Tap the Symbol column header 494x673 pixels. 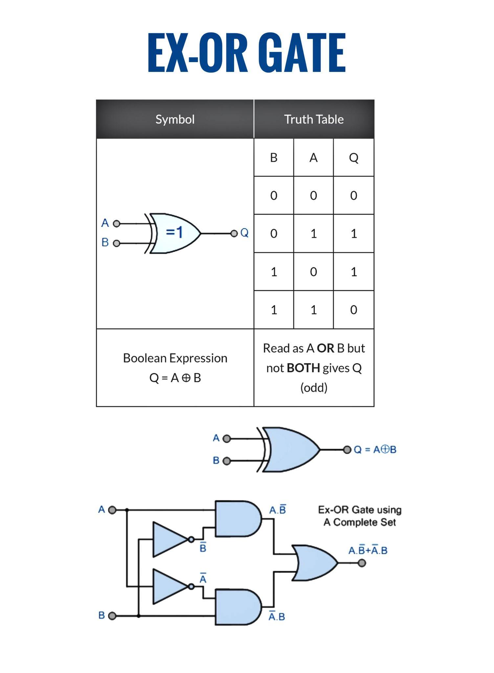pyautogui.click(x=175, y=119)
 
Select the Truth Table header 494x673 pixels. pyautogui.click(x=314, y=119)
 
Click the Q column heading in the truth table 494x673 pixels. pyautogui.click(x=354, y=158)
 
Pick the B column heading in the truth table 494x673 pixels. pyautogui.click(x=274, y=158)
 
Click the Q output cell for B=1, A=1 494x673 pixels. pyautogui.click(x=354, y=310)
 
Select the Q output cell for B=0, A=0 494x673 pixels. pyautogui.click(x=354, y=196)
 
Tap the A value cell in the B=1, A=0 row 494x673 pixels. pyautogui.click(x=314, y=272)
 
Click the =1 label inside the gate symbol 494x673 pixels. pyautogui.click(x=174, y=232)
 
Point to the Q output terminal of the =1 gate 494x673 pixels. pyautogui.click(x=234, y=234)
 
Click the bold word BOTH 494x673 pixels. pyautogui.click(x=303, y=368)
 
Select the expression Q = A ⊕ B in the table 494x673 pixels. pyautogui.click(x=175, y=378)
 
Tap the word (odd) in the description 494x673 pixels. pyautogui.click(x=314, y=388)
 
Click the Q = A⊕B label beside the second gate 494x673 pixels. pyautogui.click(x=375, y=449)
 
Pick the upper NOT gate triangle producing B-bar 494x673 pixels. pyautogui.click(x=171, y=539)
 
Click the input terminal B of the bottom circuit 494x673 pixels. pyautogui.click(x=112, y=615)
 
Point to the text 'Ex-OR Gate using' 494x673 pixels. pyautogui.click(x=360, y=510)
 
